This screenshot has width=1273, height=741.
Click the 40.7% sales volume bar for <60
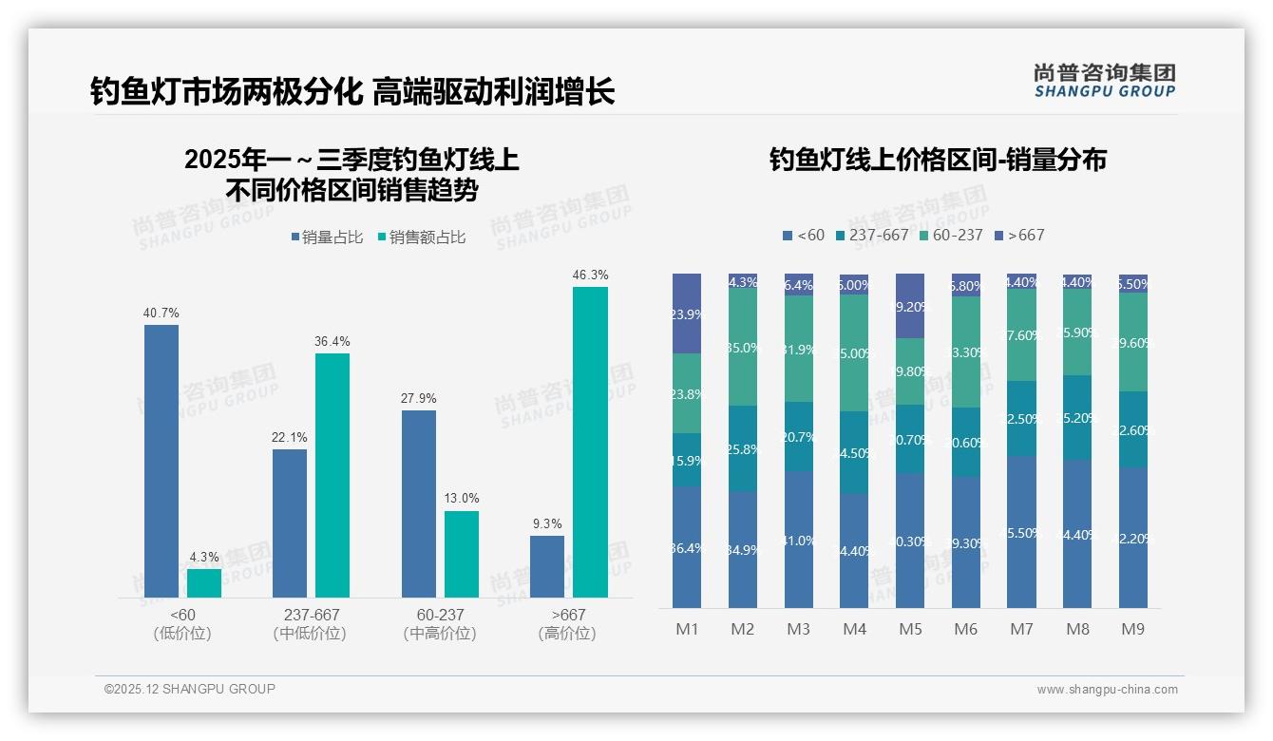pyautogui.click(x=161, y=461)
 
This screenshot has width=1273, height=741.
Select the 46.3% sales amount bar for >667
pyautogui.click(x=590, y=442)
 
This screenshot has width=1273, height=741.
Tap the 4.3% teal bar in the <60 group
pyautogui.click(x=204, y=583)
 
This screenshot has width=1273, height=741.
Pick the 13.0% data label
pyautogui.click(x=462, y=498)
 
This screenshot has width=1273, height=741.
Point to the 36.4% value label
pyautogui.click(x=332, y=341)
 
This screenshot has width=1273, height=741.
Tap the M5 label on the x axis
pyautogui.click(x=910, y=629)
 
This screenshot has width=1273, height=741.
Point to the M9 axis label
pyautogui.click(x=1133, y=629)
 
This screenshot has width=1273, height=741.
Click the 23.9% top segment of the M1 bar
pyautogui.click(x=687, y=313)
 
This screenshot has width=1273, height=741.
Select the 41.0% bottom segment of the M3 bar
pyautogui.click(x=799, y=540)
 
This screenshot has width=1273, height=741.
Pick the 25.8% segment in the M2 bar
pyautogui.click(x=743, y=448)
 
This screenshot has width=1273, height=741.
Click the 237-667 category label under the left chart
pyautogui.click(x=312, y=615)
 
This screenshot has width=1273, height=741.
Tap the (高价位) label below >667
pyautogui.click(x=567, y=634)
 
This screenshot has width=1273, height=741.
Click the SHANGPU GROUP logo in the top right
pyautogui.click(x=1104, y=80)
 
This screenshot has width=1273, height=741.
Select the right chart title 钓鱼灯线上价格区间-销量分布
pyautogui.click(x=938, y=160)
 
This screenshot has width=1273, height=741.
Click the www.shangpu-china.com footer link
pyautogui.click(x=1107, y=690)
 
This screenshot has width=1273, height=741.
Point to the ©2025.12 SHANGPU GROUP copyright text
pyautogui.click(x=190, y=689)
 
